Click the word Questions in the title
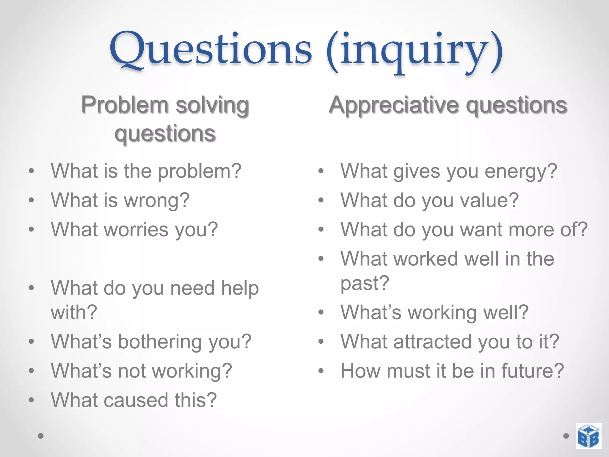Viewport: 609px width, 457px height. (211, 49)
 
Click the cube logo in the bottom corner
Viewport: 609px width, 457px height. (588, 436)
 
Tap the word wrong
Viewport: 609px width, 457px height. (156, 201)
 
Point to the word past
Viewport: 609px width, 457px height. (365, 283)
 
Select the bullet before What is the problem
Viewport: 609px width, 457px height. (31, 171)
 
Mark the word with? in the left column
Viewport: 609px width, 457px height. (74, 312)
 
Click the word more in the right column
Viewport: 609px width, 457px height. (531, 229)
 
